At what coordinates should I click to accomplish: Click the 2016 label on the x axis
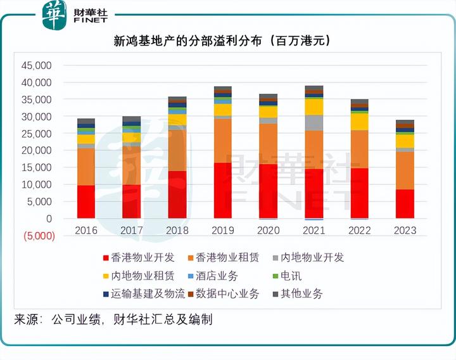coord(85,230)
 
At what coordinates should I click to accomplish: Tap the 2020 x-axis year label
coord(269,230)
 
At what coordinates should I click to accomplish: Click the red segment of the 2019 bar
coord(222,190)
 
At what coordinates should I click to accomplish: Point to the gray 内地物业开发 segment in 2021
coord(314,123)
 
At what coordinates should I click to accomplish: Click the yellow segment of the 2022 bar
coord(360,121)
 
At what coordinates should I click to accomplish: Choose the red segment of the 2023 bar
coord(405,203)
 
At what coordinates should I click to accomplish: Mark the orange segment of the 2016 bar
coord(85,167)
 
